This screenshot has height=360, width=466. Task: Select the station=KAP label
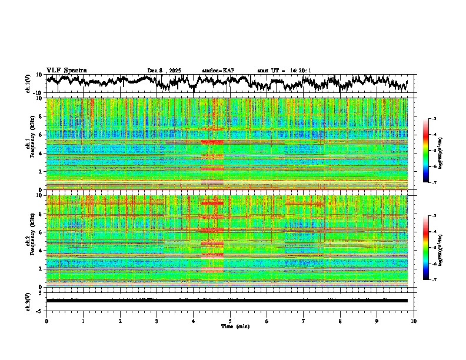(218, 71)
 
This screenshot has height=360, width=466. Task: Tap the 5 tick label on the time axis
(230, 321)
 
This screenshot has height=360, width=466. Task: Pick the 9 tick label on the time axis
(377, 321)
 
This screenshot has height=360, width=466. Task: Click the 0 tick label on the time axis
(46, 321)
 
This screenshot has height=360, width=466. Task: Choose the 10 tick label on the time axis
(414, 321)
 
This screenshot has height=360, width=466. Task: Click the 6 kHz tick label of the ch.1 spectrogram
(41, 135)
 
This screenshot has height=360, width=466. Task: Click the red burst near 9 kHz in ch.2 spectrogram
(212, 203)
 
